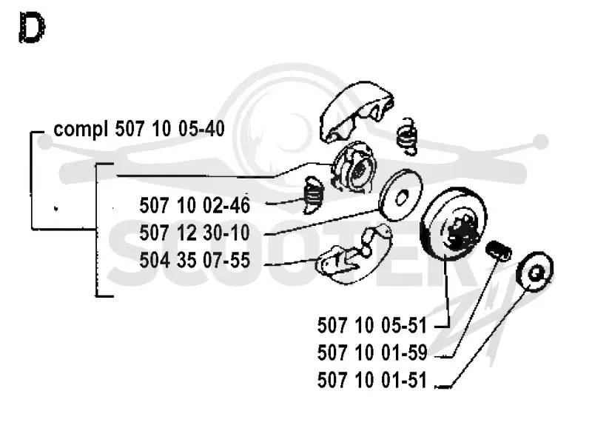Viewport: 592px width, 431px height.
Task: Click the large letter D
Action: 32,27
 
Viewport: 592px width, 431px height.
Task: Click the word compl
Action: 81,130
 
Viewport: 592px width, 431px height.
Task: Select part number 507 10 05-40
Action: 170,128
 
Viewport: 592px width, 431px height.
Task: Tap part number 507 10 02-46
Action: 195,205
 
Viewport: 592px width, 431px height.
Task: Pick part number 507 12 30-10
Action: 195,233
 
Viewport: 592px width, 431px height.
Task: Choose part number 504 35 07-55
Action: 195,260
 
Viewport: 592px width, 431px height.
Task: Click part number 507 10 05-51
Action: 372,325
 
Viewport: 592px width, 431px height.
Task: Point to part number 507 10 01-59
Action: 372,353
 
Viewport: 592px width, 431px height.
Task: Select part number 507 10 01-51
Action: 372,380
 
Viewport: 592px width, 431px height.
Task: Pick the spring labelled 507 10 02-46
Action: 313,195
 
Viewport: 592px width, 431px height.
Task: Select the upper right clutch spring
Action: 407,137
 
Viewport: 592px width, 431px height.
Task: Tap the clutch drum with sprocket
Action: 453,224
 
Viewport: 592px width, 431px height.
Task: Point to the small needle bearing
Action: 498,251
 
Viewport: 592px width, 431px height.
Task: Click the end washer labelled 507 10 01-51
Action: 534,272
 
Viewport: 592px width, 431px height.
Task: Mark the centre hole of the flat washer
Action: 403,197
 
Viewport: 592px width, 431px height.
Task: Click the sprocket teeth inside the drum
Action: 459,230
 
